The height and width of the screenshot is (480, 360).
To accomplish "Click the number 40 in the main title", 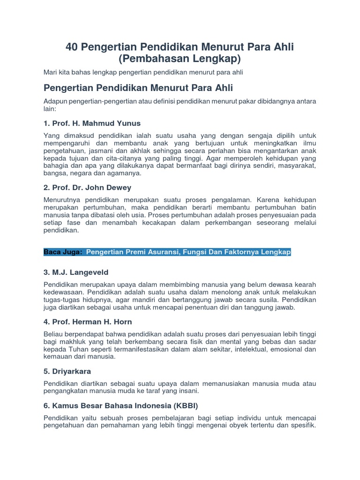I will pyautogui.click(x=71, y=47).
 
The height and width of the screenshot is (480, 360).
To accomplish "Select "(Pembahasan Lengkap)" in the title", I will pyautogui.click(x=180, y=59).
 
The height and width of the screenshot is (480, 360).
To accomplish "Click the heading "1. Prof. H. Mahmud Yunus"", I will pyautogui.click(x=92, y=123).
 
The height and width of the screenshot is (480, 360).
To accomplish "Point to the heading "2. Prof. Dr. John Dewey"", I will pyautogui.click(x=87, y=187).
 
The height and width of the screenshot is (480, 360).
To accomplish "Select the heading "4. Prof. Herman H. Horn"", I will pyautogui.click(x=88, y=322).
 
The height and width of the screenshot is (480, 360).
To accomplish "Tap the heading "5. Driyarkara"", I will pyautogui.click(x=67, y=371).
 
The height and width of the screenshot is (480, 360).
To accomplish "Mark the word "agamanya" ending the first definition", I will pyautogui.click(x=127, y=173).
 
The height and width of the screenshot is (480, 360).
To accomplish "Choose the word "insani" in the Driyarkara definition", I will pyautogui.click(x=189, y=390).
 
